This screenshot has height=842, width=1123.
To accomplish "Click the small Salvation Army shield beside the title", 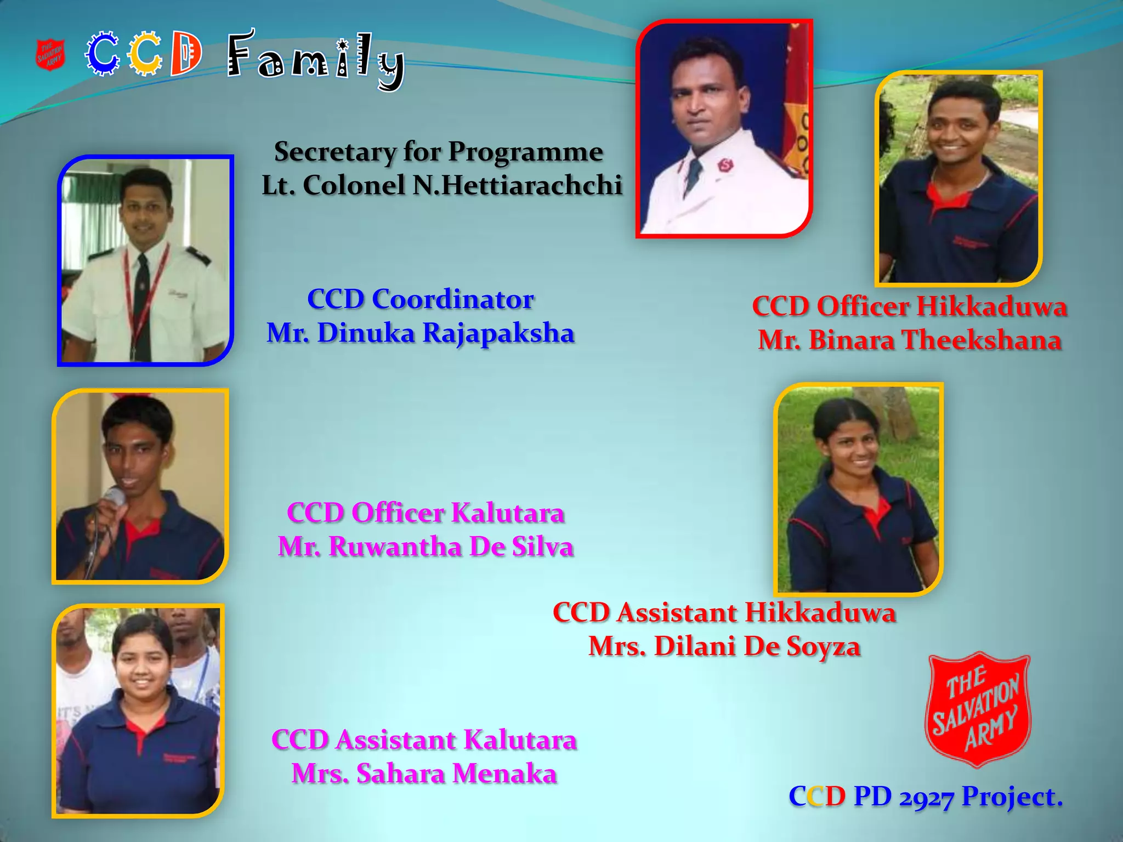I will coord(50,55).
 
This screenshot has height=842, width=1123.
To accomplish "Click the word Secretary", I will coord(334,152).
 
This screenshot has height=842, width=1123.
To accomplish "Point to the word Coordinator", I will coord(452,299).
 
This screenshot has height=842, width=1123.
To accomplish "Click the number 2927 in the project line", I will coord(926,797).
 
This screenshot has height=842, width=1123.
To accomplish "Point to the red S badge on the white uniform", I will coord(725,164).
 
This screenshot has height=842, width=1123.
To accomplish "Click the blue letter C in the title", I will coord(102,54).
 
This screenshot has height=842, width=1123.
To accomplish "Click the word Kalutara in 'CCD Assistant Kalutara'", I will coord(520,740).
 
